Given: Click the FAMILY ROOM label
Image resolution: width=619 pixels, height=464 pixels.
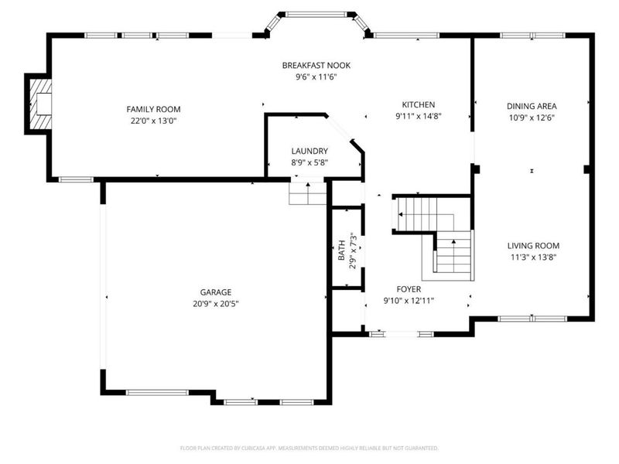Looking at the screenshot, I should pos(153,109).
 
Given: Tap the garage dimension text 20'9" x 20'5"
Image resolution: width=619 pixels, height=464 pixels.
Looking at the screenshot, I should pos(216,304).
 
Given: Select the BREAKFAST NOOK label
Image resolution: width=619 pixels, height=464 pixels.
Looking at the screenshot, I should pos(316,66).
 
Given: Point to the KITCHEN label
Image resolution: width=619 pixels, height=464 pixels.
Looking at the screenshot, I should pos(418,105).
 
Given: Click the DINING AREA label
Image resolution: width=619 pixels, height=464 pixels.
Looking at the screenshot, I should pos(532,106).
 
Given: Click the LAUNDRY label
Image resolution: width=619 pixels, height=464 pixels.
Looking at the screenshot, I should pos(309,151).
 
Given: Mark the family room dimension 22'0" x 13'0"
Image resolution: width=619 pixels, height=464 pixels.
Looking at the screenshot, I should pos(153,121).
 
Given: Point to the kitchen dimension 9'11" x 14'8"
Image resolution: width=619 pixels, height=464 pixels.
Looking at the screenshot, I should pos(418,117).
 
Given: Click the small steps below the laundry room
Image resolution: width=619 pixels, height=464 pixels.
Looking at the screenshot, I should pos(308,193).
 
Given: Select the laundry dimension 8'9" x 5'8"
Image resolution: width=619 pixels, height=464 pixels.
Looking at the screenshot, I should pos(309,162).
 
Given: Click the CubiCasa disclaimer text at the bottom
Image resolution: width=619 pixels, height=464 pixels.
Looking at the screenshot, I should pos(309,448).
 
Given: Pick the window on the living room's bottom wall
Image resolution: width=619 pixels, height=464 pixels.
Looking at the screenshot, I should pos(532,318).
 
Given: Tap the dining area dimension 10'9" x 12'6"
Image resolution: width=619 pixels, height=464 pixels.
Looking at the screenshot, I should pos(532,118).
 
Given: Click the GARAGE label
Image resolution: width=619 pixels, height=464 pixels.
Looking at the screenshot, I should pos(216,292).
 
